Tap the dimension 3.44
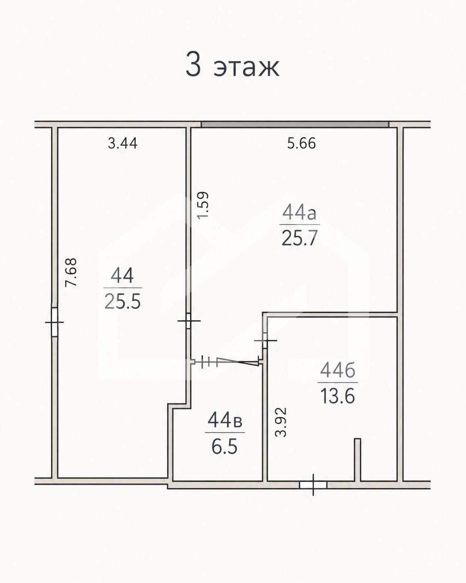coord(123,143)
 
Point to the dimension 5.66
coord(302,143)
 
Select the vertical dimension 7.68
coord(72,272)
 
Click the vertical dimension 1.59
coord(203,205)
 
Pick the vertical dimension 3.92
coord(281,422)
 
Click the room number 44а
coord(299,213)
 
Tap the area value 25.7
coord(299,237)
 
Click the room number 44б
coord(338,371)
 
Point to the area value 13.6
coord(338,395)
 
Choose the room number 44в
coord(225,421)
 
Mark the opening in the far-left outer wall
coord(54,322)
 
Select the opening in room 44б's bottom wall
coord(313,485)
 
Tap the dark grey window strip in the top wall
coord(295,124)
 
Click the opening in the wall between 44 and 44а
coord(189,321)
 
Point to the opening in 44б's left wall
coord(265,340)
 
